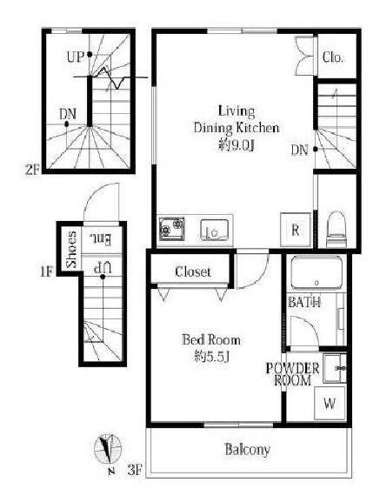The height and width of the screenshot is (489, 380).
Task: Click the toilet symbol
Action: (337, 229)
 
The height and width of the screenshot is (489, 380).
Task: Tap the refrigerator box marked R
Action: (296, 230)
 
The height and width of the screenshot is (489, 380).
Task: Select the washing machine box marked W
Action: (330, 403)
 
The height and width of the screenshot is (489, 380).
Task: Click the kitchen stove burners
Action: (172, 229)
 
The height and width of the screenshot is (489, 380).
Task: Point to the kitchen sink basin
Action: (214, 230)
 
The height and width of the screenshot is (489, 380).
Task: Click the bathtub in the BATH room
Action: (317, 272)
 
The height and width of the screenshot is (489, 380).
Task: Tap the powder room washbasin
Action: (335, 368)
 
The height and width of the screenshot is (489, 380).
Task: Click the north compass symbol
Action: (108, 449)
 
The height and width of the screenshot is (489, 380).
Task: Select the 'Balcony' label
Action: (247, 449)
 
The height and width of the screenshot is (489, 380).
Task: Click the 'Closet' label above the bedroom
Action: (193, 271)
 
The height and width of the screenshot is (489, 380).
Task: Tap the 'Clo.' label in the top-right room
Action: (333, 57)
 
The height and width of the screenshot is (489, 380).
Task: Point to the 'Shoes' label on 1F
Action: (71, 249)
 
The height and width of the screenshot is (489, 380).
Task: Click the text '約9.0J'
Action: (237, 145)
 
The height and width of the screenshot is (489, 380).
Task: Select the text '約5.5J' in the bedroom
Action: (211, 357)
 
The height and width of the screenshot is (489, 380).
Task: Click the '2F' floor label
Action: (32, 170)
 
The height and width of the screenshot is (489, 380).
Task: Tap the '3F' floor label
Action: (135, 469)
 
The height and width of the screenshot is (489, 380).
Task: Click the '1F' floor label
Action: (47, 271)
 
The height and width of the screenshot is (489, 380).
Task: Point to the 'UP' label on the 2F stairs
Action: (76, 57)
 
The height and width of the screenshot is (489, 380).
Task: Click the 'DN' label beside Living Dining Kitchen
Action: (299, 150)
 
